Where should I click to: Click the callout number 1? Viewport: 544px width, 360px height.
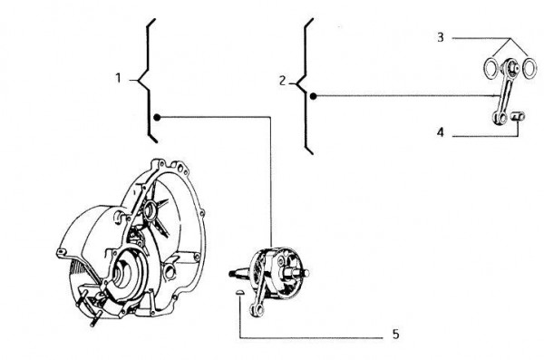pyautogui.click(x=119, y=80)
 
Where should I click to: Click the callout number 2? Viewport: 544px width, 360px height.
pyautogui.click(x=283, y=81)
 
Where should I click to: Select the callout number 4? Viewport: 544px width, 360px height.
pyautogui.click(x=440, y=132)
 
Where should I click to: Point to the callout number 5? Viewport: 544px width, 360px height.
pyautogui.click(x=395, y=335)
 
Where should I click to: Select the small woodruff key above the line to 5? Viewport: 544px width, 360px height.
pyautogui.click(x=237, y=292)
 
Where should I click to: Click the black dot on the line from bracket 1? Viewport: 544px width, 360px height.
pyautogui.click(x=157, y=116)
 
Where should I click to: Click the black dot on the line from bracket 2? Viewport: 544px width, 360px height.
pyautogui.click(x=313, y=95)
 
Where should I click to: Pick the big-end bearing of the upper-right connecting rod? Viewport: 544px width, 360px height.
pyautogui.click(x=511, y=67)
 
